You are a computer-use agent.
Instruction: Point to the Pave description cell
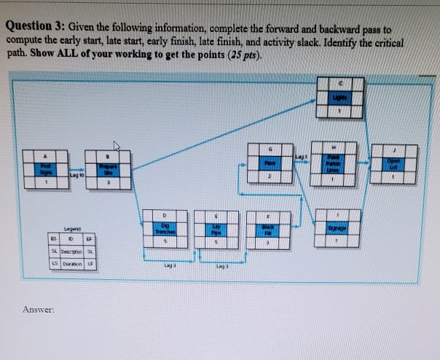[269, 163]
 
